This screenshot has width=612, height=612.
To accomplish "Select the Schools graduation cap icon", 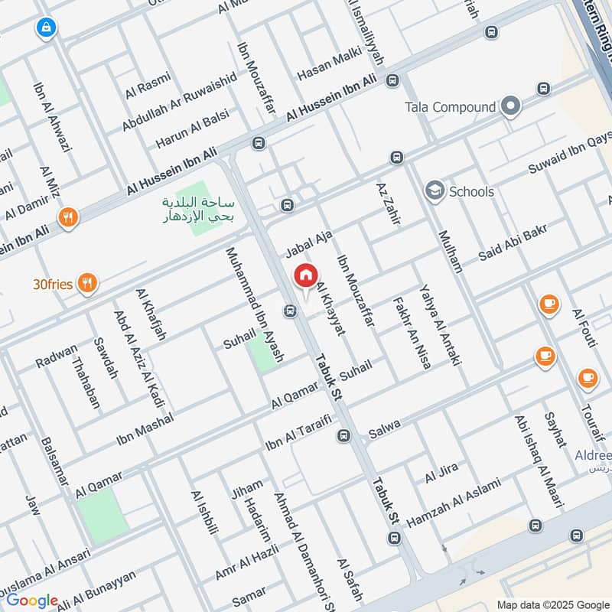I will pyautogui.click(x=435, y=191).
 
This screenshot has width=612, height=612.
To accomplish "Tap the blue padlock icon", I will pyautogui.click(x=45, y=29).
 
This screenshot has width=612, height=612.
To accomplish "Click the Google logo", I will pyautogui.click(x=32, y=601).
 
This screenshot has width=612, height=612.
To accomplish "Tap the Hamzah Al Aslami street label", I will pyautogui.click(x=453, y=503).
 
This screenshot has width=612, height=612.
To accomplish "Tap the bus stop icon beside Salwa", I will pyautogui.click(x=343, y=436).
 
